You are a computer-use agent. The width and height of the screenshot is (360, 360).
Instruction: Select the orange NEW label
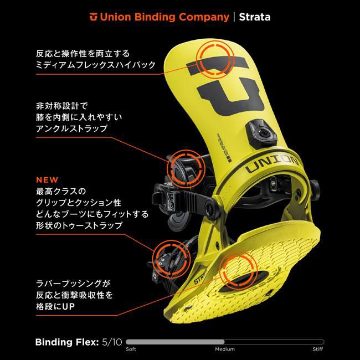pos(45,181)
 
